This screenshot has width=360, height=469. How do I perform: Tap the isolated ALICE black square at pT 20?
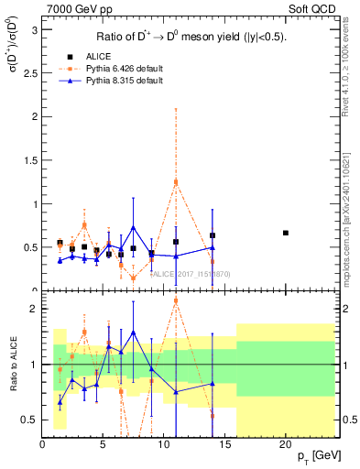[x=286, y=233]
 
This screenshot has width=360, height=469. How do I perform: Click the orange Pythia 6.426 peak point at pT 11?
[x=176, y=182]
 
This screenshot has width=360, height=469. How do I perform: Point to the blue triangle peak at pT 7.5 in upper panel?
[x=134, y=227]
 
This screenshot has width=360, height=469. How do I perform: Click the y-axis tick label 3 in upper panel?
[x=34, y=30]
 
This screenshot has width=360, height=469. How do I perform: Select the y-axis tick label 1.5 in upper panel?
[x=29, y=160]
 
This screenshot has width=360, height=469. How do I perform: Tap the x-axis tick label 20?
[x=286, y=443]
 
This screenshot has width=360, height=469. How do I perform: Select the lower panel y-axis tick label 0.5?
[x=29, y=420]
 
